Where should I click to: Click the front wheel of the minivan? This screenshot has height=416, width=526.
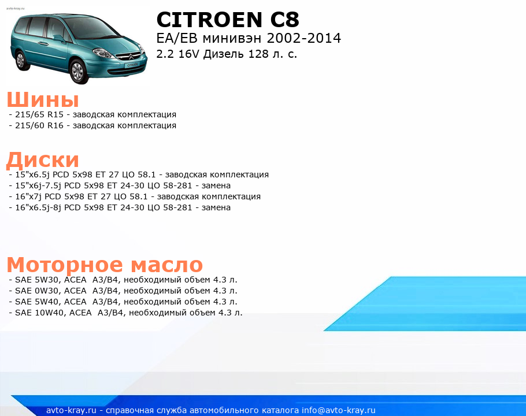click(78, 72)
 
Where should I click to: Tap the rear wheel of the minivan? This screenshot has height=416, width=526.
click(21, 60)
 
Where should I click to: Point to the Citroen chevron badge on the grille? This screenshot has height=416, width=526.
click(130, 57)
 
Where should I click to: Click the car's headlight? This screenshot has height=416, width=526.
click(103, 53)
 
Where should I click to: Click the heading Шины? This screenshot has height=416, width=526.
click(43, 99)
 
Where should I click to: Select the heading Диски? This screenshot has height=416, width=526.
click(43, 159)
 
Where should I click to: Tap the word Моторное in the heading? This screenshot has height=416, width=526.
click(65, 265)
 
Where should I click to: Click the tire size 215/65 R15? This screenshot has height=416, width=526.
click(39, 114)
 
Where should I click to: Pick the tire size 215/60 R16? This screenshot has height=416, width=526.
click(39, 126)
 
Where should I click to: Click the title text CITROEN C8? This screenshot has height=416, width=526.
click(227, 20)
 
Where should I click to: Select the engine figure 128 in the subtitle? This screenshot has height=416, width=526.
click(258, 54)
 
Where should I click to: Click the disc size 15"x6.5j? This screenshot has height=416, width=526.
click(32, 174)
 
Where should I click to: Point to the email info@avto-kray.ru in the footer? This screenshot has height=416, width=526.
click(339, 410)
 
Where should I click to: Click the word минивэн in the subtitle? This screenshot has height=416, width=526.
click(232, 38)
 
